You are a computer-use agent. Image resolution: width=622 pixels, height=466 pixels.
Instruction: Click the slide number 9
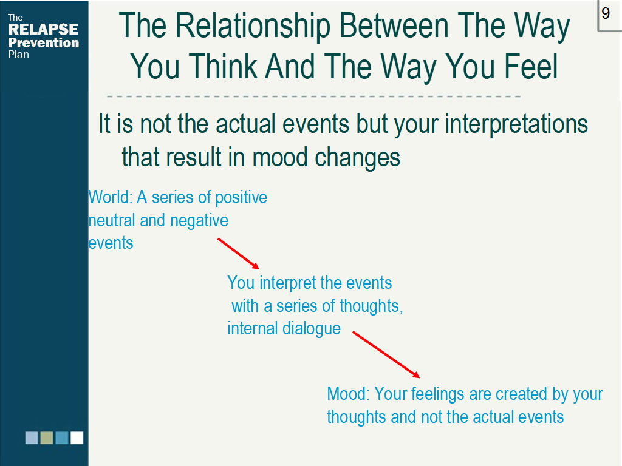pyautogui.click(x=606, y=13)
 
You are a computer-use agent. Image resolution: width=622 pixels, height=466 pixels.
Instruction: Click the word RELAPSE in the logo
pyautogui.click(x=43, y=29)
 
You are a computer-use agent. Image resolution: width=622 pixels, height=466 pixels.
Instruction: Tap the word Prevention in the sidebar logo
pyautogui.click(x=43, y=42)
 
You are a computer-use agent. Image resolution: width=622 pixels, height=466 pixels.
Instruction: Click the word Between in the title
pyautogui.click(x=394, y=25)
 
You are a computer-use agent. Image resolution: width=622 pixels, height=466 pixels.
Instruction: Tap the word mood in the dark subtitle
pyautogui.click(x=279, y=157)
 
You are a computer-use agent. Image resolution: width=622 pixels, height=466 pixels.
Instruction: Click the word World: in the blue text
pyautogui.click(x=111, y=197)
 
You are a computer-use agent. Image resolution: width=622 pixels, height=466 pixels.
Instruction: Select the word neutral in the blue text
pyautogui.click(x=112, y=220)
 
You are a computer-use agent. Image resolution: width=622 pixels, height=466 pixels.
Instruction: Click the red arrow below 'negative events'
pyautogui.click(x=238, y=254)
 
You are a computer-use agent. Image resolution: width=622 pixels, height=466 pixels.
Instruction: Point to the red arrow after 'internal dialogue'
pyautogui.click(x=386, y=355)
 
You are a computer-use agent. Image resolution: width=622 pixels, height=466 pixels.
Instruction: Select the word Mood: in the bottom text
pyautogui.click(x=348, y=394)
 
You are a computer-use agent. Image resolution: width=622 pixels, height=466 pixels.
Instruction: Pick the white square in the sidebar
pyautogui.click(x=77, y=438)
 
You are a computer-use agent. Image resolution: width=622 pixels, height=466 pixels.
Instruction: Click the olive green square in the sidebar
pyautogui.click(x=47, y=438)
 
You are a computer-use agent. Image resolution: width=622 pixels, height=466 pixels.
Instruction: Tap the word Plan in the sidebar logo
pyautogui.click(x=18, y=55)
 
